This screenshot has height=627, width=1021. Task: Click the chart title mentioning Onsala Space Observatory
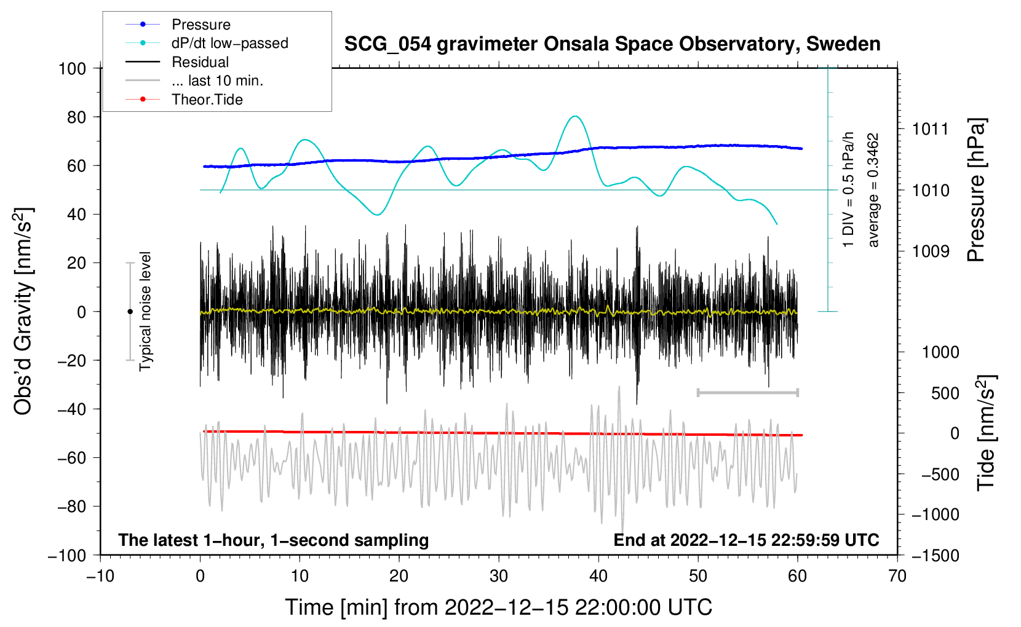pos(612,44)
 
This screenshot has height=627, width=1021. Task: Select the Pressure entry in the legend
pos(201,25)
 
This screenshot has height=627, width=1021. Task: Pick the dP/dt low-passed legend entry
pos(229,43)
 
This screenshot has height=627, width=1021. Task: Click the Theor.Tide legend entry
pos(207,100)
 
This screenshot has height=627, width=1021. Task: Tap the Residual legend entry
pos(200,62)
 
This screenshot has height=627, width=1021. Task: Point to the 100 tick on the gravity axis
pos(72,68)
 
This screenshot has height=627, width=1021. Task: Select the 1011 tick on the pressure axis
pos(931,129)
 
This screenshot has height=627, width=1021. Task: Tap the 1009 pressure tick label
pos(931,251)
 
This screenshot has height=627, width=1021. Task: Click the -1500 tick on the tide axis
pos(935,555)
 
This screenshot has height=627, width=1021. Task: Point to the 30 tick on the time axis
pos(499,576)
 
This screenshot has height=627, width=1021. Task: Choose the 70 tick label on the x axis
pos(897,576)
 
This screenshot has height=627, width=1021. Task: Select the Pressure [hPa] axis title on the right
pos(976,191)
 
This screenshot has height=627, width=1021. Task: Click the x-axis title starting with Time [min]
pos(498,607)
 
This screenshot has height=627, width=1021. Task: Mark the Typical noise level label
pos(145,312)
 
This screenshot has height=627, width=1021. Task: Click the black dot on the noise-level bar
pos(130,312)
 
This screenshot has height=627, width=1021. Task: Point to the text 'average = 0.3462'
pos(873,191)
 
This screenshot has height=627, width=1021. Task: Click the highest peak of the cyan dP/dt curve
pos(575,116)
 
